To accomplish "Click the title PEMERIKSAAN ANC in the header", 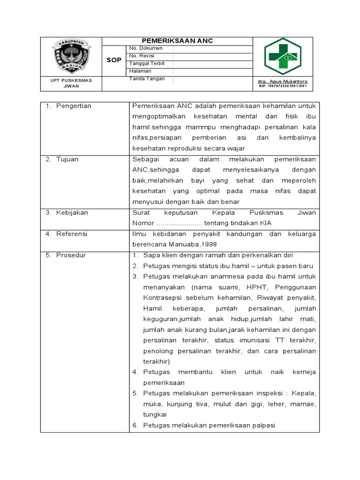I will point(177,41).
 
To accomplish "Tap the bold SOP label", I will point(114,60).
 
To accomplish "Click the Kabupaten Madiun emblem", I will point(71,56).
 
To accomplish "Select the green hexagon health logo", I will point(282,57).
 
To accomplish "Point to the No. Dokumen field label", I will point(146,48).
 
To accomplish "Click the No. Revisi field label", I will point(142,56).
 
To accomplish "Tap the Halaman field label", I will point(140,71).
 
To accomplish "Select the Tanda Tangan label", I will point(147,79).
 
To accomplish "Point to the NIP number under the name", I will point(282,86).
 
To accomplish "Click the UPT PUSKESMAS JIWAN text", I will point(71,83).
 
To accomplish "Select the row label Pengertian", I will point(74,106).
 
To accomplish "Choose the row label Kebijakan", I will point(72,213).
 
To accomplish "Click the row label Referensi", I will point(72,234).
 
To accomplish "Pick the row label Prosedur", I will point(71,255).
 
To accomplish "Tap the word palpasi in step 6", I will point(263,426).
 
